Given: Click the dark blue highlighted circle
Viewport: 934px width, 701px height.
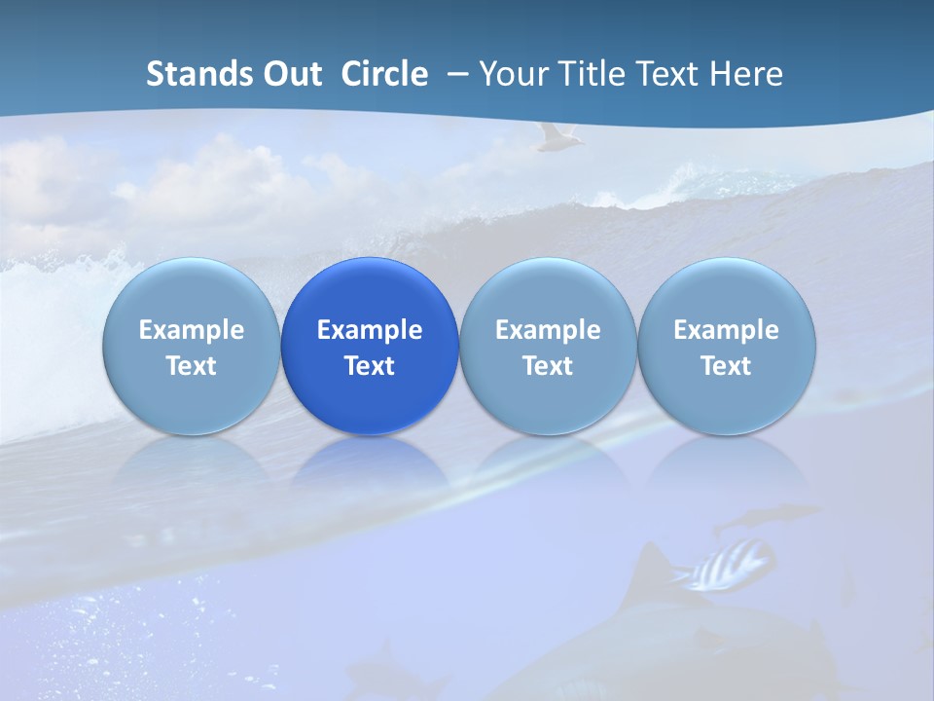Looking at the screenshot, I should [x=370, y=346].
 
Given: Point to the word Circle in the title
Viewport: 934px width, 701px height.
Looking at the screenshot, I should [x=384, y=74].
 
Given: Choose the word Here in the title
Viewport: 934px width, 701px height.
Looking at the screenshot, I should [x=747, y=74].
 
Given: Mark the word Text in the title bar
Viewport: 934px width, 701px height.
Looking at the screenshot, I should [x=668, y=74].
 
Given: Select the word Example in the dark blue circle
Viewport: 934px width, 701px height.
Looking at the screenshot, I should [x=370, y=330].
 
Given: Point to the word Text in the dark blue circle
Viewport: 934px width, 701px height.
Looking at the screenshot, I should [x=370, y=366].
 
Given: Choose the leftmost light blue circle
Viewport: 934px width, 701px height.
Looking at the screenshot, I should [x=192, y=346].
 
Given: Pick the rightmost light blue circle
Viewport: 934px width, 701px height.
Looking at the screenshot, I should [x=727, y=346].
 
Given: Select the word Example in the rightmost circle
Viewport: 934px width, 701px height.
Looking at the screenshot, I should [x=727, y=330].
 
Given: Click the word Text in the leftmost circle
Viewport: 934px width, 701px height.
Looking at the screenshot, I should [x=192, y=366].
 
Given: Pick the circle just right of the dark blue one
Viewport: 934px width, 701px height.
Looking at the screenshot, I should [x=548, y=346].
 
